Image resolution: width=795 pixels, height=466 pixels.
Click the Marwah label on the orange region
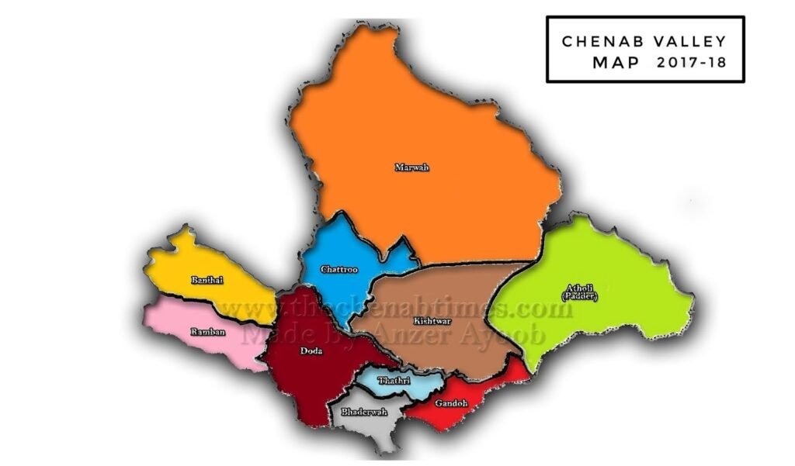[x=411, y=167]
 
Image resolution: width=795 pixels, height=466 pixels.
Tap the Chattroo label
[x=339, y=270]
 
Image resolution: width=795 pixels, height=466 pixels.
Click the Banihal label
[x=207, y=279]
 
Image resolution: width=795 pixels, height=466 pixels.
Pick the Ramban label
[x=207, y=332]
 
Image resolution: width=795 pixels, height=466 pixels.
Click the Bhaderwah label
[x=358, y=412]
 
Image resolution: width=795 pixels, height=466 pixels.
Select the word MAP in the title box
[x=616, y=63]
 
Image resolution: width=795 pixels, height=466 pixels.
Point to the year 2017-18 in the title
[x=691, y=63]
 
